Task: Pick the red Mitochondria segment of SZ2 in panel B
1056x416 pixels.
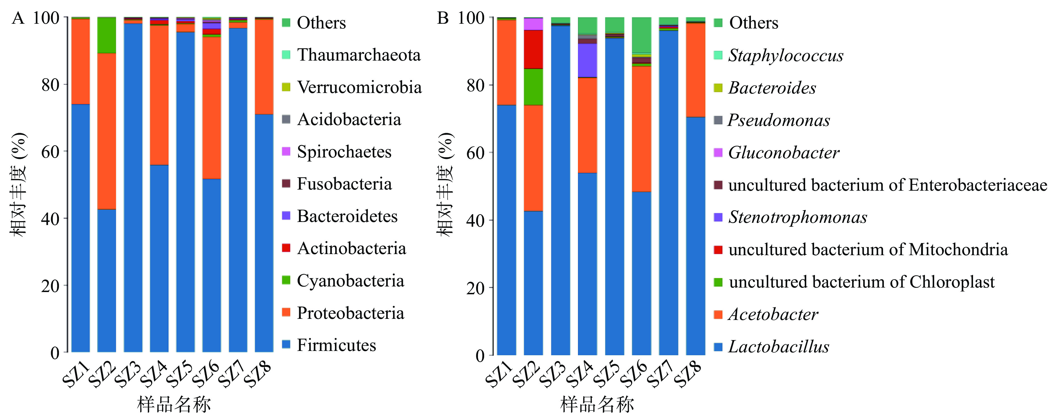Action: pos(533,49)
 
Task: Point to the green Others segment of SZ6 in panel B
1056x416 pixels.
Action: pos(641,35)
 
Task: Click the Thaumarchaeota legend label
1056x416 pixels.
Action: pos(359,55)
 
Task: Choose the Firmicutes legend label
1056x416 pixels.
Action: pos(336,345)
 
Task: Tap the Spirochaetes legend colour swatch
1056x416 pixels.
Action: pos(286,151)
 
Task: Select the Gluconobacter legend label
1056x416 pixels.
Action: pos(783,152)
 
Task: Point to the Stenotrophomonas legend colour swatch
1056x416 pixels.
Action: pos(718,217)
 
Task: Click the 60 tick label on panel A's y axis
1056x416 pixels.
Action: pos(50,152)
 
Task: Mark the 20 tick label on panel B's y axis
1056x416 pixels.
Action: pos(475,288)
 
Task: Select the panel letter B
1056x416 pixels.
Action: pos(443,18)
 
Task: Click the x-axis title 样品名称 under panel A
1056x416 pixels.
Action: pos(174,404)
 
